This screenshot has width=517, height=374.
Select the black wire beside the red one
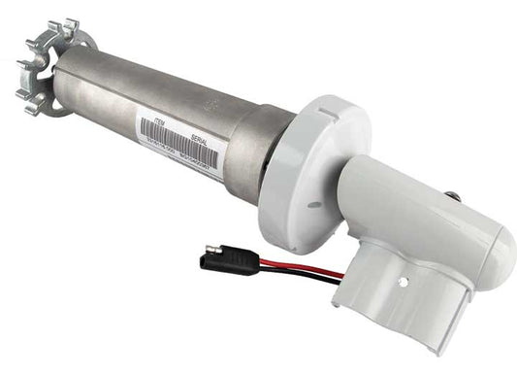(x=291, y=275)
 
